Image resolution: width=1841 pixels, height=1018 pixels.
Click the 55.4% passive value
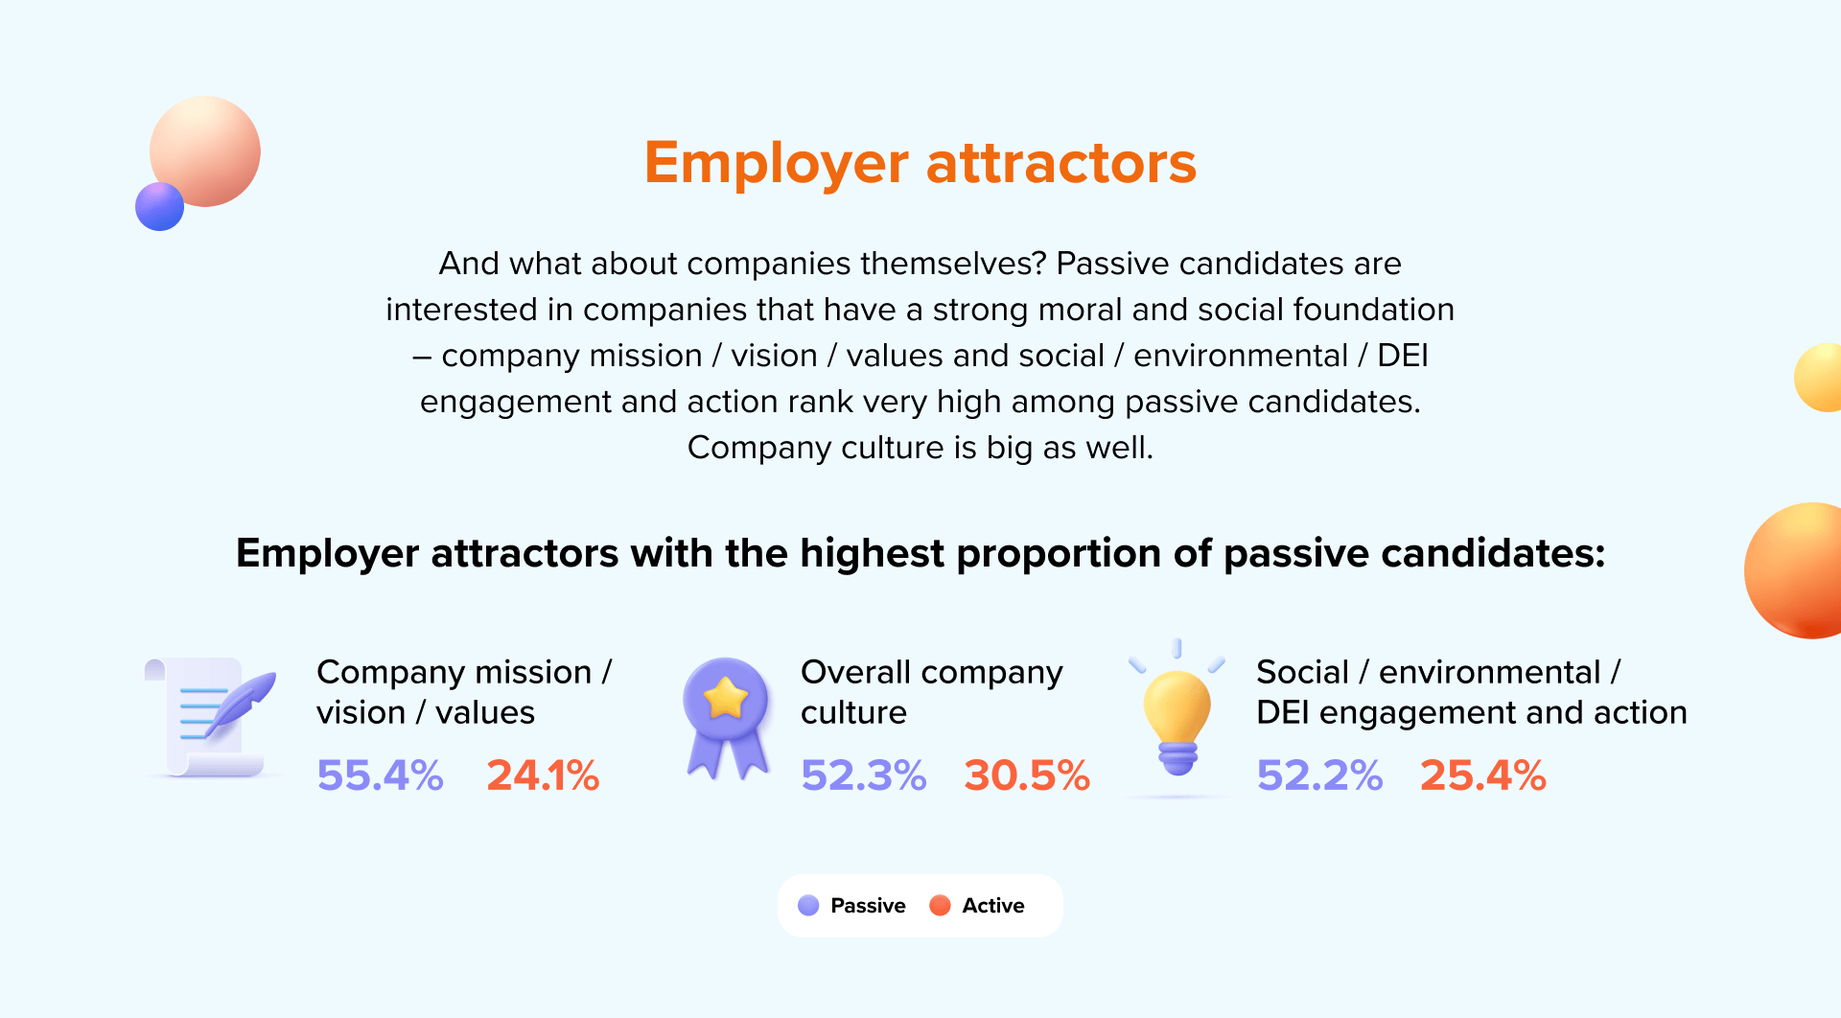point(380,775)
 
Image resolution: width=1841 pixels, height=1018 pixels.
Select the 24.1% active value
point(543,775)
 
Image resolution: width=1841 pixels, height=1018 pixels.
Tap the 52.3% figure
point(864,775)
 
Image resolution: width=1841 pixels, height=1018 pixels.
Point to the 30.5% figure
point(1027,775)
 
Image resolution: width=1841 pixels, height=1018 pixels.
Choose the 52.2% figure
point(1319,775)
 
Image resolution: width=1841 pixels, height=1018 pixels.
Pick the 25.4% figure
point(1482,775)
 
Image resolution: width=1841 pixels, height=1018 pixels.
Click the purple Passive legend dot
point(808,906)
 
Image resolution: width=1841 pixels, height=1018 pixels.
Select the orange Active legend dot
point(940,906)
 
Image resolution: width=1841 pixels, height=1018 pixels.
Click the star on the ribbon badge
point(726,698)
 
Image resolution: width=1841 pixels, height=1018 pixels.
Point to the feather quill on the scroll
point(240,705)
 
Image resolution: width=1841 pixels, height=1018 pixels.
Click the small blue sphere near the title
point(159,206)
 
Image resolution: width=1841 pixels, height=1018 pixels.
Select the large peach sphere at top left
point(205,151)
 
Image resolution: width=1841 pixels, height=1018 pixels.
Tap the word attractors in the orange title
point(1061,163)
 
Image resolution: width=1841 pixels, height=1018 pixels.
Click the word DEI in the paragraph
point(1403,356)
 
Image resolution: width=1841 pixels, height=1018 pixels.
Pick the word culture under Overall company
point(853,712)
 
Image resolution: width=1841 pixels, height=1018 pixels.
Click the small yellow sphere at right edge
point(1818,378)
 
